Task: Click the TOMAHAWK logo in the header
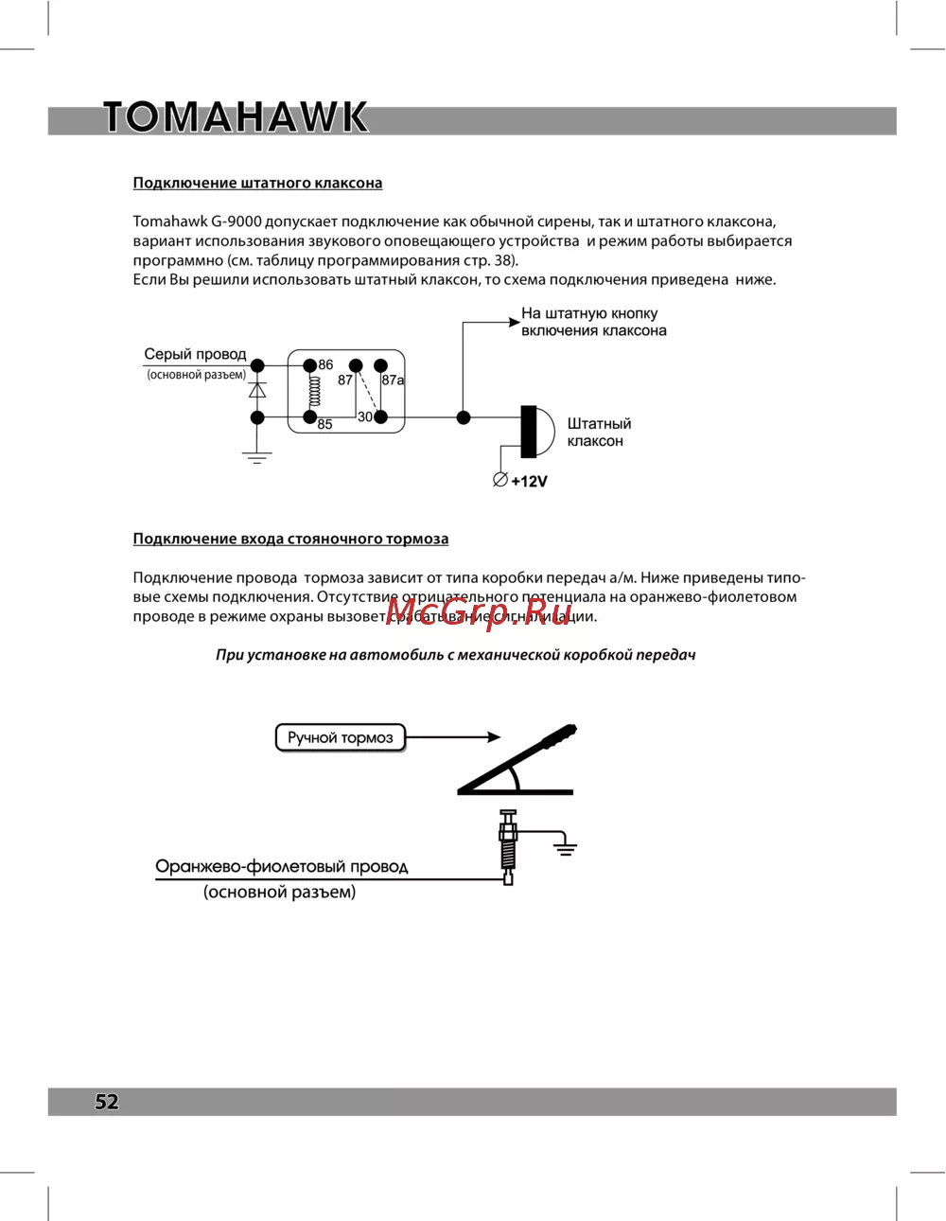[235, 117]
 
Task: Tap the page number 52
[107, 1101]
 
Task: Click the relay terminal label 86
[325, 364]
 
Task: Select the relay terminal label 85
[324, 425]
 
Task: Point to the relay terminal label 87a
[393, 380]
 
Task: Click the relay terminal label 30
[365, 417]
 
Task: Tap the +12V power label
[529, 481]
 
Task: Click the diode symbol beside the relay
[257, 390]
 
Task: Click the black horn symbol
[534, 432]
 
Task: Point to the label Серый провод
[195, 355]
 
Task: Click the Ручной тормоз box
[340, 737]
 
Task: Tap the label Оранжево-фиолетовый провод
[281, 867]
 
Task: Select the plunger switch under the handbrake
[508, 847]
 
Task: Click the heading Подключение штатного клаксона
[257, 183]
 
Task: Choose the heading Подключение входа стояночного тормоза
[290, 539]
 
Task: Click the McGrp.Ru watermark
[479, 613]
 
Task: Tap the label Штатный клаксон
[599, 433]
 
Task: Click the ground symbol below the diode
[257, 457]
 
